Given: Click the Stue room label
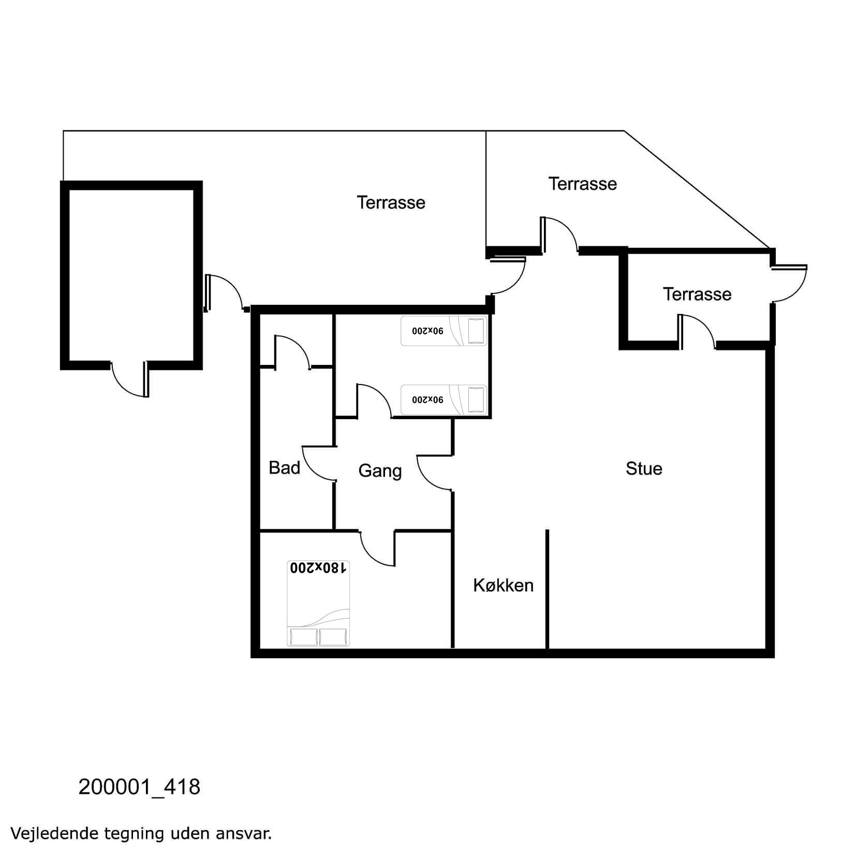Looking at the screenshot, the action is point(644,469).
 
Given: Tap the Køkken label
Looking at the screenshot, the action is point(503,585).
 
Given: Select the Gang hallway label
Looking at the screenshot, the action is point(380,471).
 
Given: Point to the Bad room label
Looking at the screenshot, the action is point(284,468).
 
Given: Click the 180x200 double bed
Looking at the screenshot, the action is point(318,603).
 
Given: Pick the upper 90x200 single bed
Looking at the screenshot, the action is point(444,331).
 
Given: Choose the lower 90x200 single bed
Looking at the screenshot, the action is point(444,400).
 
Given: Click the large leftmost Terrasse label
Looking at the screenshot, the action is point(391,202).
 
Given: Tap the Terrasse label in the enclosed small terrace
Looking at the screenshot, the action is point(697,294).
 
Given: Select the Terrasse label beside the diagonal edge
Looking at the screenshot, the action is point(583,184).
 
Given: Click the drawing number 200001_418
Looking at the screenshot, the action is point(139,787).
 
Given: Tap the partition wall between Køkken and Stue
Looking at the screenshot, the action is point(547,588).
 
